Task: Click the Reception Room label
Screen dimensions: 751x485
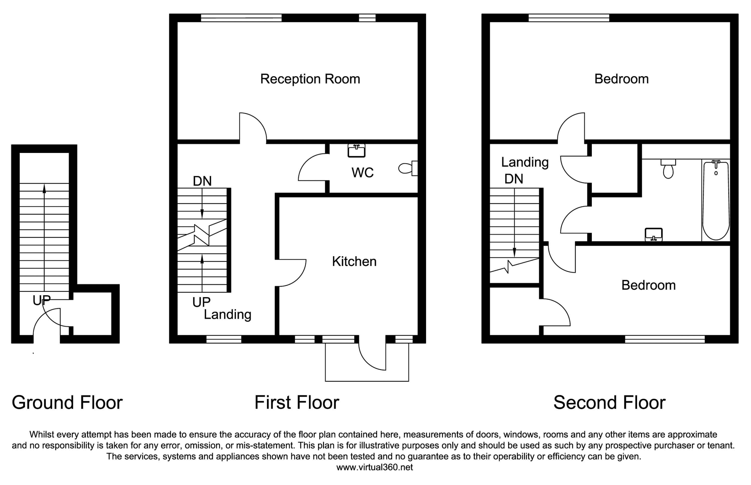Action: pyautogui.click(x=310, y=79)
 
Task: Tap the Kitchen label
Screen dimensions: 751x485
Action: pyautogui.click(x=354, y=262)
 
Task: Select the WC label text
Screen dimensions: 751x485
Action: pyautogui.click(x=362, y=173)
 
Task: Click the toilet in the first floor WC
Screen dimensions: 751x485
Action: pyautogui.click(x=408, y=168)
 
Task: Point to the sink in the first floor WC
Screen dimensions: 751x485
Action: pyautogui.click(x=356, y=151)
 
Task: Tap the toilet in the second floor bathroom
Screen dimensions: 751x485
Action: pyautogui.click(x=668, y=168)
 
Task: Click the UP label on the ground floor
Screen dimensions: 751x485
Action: pyautogui.click(x=42, y=301)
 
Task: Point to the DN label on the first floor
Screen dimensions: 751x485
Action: pyautogui.click(x=202, y=181)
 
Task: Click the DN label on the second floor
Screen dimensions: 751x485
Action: pyautogui.click(x=514, y=179)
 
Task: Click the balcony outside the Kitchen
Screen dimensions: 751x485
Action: pyautogui.click(x=367, y=362)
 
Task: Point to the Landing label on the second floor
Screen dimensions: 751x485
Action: pyautogui.click(x=525, y=162)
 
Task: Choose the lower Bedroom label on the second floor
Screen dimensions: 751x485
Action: pyautogui.click(x=648, y=285)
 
